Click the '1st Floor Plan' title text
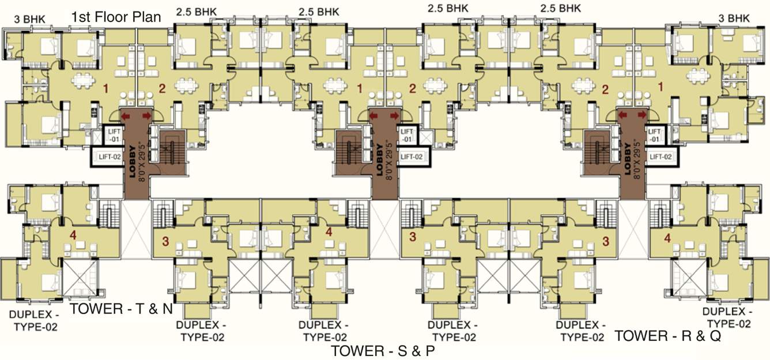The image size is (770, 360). (115, 17)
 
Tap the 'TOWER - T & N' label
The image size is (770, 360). (121, 309)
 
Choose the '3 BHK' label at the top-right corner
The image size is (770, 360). (734, 18)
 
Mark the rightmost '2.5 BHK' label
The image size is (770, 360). (561, 9)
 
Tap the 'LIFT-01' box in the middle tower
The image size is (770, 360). (407, 136)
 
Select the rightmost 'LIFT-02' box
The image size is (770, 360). (660, 156)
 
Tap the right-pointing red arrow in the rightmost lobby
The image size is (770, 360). (641, 116)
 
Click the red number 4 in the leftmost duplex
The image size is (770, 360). (72, 234)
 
